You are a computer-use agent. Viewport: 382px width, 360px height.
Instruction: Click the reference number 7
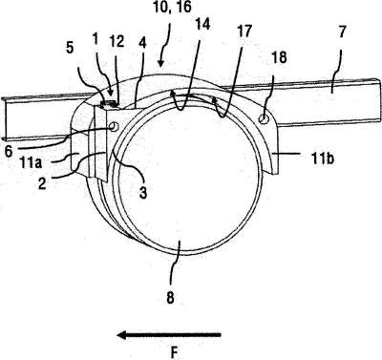[x=342, y=32]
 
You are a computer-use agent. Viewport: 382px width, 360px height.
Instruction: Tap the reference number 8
[x=170, y=298]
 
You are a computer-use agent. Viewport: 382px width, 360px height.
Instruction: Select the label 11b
[x=323, y=159]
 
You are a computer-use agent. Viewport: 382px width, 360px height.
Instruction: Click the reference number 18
[x=280, y=57]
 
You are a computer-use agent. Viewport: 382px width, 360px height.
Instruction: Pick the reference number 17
[x=244, y=31]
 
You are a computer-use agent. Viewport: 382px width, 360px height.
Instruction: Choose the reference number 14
[x=202, y=25]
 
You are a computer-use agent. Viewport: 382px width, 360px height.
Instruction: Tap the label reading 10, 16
[x=172, y=7]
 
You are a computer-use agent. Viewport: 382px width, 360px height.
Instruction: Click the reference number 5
[x=70, y=48]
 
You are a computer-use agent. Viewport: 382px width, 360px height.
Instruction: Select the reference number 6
[x=9, y=151]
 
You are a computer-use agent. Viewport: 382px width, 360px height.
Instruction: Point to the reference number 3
[x=143, y=192]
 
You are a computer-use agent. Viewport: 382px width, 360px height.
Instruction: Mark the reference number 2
[x=42, y=183]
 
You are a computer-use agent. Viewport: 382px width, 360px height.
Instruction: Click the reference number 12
[x=117, y=42]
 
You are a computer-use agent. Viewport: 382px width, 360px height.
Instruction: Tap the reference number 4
[x=142, y=43]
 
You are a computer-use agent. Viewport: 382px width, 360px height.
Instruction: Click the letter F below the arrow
[x=174, y=352]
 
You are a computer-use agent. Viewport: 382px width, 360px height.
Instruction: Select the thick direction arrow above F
[x=169, y=334]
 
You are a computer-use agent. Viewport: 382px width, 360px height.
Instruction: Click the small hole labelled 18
[x=264, y=119]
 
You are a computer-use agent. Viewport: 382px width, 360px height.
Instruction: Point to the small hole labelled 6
[x=114, y=127]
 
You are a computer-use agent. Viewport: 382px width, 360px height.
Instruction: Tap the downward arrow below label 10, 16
[x=164, y=45]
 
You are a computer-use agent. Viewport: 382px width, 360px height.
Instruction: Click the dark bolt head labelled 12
[x=108, y=103]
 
